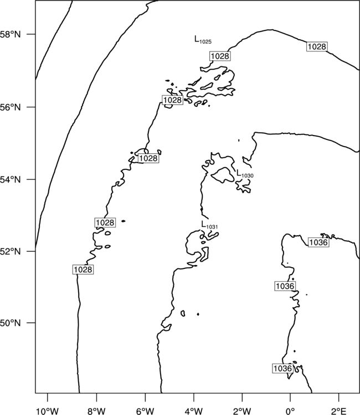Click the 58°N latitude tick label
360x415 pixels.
pos(11,34)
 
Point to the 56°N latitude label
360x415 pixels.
pos(11,107)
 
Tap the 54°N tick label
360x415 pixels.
pos(11,180)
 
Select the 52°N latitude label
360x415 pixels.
pos(11,251)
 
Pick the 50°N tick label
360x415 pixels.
pos(11,323)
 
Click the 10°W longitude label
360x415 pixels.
pos(48,411)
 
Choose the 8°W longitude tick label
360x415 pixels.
pos(96,411)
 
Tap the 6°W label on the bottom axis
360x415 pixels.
pos(145,411)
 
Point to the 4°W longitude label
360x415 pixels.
pos(194,411)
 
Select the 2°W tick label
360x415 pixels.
pos(242,411)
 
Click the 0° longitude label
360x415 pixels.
pos(290,411)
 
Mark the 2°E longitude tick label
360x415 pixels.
pos(339,411)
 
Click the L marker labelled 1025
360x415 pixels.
pos(203,40)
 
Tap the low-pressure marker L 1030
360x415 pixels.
pos(245,174)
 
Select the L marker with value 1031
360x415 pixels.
pos(209,225)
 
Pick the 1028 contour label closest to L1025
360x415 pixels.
pos(220,56)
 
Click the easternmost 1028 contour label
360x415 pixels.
pos(317,46)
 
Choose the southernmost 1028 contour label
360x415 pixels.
pos(83,269)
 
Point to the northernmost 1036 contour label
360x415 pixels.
pos(318,242)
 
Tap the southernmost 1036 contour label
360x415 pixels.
pos(282,369)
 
